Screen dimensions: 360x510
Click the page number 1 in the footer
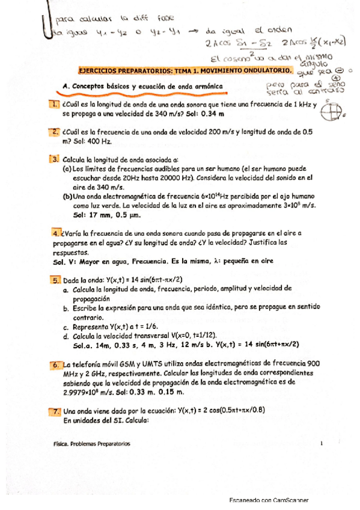(322, 443)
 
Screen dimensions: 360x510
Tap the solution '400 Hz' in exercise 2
(99, 141)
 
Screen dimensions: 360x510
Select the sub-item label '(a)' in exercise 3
(67, 169)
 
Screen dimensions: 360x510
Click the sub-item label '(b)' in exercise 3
(67, 196)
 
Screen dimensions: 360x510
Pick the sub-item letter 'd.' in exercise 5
(67, 334)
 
